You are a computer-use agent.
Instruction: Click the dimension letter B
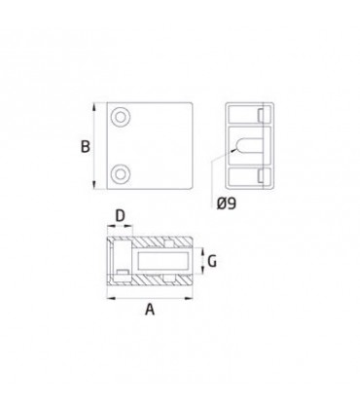(x=86, y=146)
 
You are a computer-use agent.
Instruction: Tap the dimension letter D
(x=120, y=215)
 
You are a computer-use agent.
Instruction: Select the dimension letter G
(x=212, y=261)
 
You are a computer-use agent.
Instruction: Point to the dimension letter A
(x=150, y=309)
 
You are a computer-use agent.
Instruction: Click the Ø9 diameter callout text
(x=227, y=204)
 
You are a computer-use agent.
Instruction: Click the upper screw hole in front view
(x=121, y=117)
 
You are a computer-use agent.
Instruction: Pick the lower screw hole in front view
(x=121, y=174)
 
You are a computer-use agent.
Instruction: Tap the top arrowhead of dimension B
(x=94, y=107)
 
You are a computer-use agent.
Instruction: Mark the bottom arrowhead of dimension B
(x=94, y=185)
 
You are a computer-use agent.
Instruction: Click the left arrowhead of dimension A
(x=111, y=298)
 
